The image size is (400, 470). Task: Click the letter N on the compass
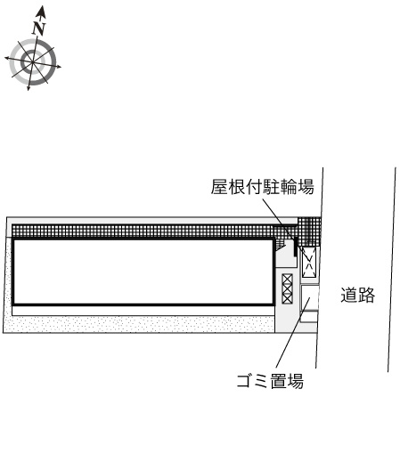(x=39, y=28)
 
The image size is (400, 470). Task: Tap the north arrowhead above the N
(x=41, y=12)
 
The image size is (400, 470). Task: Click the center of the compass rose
(x=32, y=62)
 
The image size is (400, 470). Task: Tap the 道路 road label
(x=358, y=295)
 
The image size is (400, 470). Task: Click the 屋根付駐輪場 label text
(x=262, y=187)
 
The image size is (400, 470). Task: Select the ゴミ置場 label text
(x=270, y=381)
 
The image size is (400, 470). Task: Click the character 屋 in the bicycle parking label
(x=219, y=187)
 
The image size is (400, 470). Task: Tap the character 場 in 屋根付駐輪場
(x=306, y=187)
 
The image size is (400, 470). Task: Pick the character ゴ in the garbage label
(x=245, y=381)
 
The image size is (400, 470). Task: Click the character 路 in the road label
(x=367, y=295)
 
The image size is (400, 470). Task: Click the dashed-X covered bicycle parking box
(x=309, y=263)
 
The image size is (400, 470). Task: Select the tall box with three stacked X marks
(x=287, y=288)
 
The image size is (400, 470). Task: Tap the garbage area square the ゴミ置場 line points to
(x=309, y=297)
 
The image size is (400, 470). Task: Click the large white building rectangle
(x=143, y=271)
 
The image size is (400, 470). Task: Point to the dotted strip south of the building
(x=140, y=324)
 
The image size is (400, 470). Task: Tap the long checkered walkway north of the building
(x=143, y=231)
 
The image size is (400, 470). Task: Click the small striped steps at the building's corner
(x=280, y=244)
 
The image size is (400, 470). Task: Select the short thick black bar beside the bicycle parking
(x=295, y=247)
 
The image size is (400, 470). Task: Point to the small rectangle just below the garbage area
(x=309, y=317)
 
